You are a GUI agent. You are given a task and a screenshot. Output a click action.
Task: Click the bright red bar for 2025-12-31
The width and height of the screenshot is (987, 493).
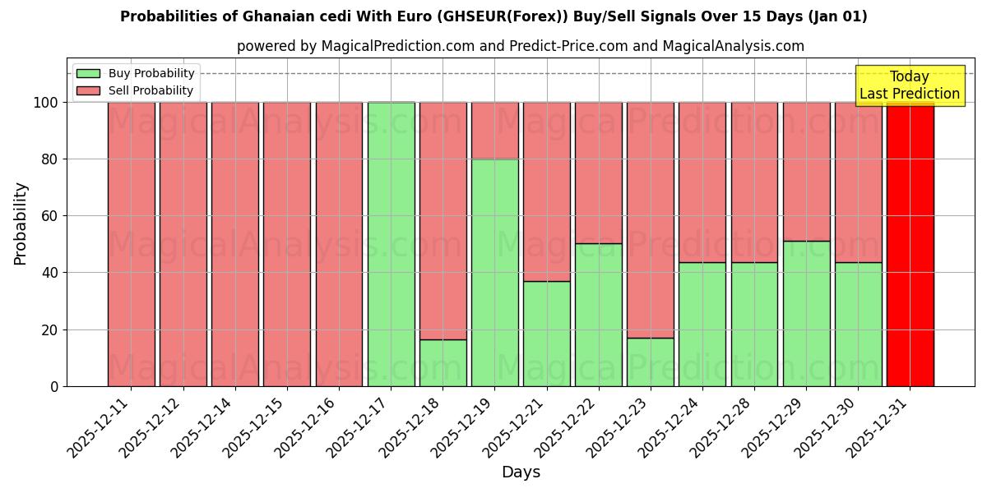point(910,244)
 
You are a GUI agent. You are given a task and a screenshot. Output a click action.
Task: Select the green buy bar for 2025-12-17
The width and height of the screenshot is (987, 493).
point(391,244)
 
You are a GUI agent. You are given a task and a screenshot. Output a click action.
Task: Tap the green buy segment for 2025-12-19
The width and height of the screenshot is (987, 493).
point(494,272)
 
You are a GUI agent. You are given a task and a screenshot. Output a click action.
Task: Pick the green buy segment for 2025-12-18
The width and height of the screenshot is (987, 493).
point(443,362)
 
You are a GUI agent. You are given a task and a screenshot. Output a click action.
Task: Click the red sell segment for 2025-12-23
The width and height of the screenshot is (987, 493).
point(650,219)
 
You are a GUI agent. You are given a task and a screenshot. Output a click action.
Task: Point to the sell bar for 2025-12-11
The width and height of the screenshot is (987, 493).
point(131,244)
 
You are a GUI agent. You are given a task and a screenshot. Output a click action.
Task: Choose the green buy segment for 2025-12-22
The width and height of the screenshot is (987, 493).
point(598,315)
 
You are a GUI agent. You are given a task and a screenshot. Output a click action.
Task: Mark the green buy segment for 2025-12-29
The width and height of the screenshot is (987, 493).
point(806,313)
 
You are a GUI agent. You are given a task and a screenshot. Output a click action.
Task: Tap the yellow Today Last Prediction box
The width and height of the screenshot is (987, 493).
point(909,85)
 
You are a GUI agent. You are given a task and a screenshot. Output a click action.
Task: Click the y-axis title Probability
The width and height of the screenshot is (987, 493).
point(21,223)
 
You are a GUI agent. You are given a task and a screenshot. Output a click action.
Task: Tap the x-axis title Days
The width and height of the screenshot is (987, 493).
point(521,472)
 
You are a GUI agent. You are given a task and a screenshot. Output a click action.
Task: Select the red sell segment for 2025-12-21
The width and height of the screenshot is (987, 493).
point(546,191)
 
